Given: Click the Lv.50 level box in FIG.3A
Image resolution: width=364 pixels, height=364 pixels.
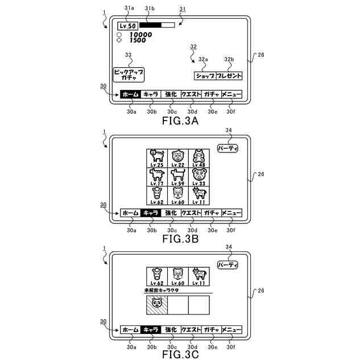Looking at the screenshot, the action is coord(127,26).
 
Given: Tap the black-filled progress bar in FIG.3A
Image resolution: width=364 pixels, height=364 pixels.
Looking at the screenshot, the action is coord(150,25).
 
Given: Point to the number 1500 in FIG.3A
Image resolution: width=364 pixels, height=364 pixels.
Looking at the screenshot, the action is coord(137,40).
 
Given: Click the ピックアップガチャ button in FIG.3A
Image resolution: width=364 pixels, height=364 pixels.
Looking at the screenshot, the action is coord(129,75).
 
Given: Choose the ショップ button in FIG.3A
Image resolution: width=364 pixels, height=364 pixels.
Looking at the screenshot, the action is coord(205,75).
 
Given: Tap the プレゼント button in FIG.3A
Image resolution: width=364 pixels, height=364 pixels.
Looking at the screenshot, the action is coord(230,75).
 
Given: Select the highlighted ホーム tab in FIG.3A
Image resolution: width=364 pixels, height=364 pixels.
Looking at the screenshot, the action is coord(130,94).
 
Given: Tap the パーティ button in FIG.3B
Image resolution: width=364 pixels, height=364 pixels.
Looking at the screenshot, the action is coord(228,148).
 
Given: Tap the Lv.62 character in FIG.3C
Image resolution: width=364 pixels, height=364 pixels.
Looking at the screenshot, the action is coord(156,277).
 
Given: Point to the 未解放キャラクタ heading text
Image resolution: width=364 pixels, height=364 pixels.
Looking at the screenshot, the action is coord(162,290).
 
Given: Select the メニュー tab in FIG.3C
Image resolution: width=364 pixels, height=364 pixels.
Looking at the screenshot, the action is coord(231,330).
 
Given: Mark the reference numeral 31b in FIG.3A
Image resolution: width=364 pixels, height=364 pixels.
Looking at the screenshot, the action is coord(151,7).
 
